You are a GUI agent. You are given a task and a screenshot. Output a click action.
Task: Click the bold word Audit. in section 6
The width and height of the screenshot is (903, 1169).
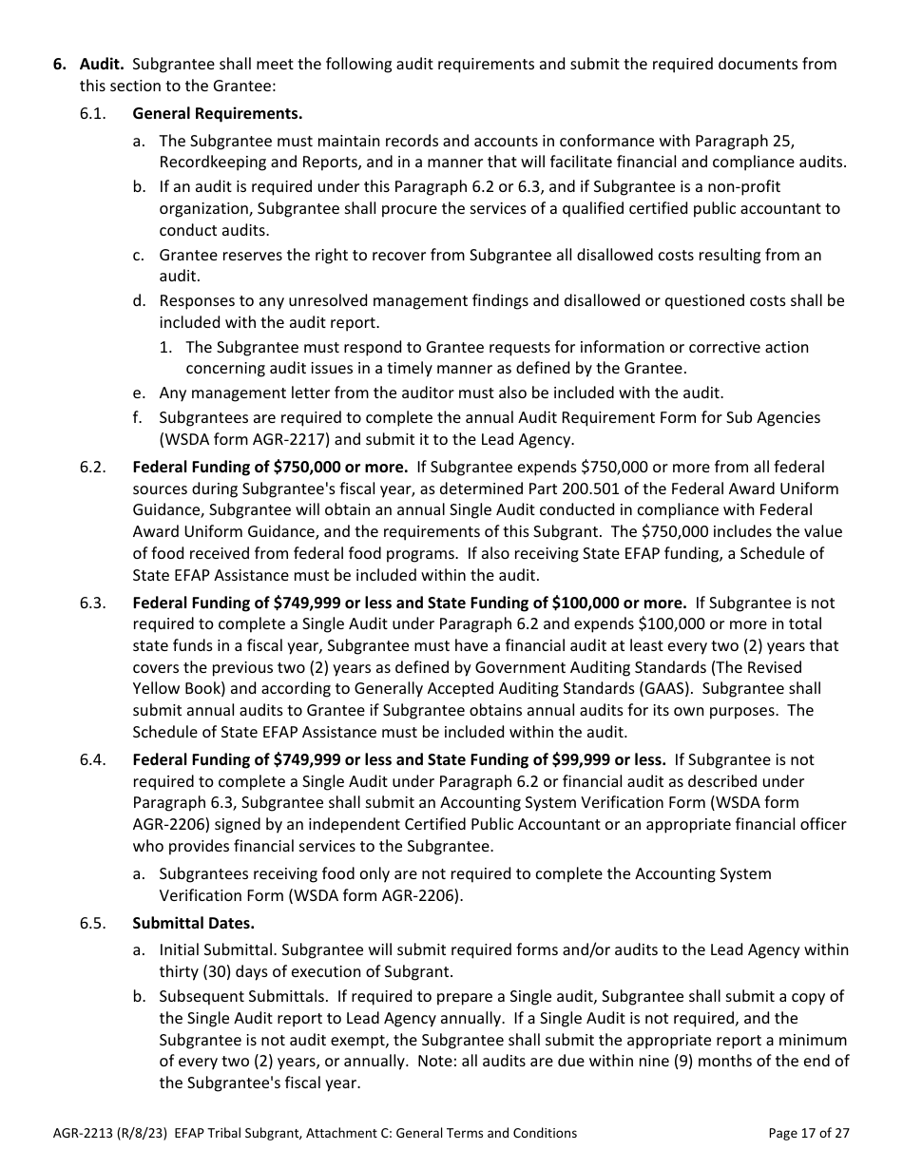(x=102, y=65)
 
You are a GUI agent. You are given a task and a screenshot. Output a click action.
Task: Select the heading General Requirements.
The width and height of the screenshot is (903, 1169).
(x=217, y=114)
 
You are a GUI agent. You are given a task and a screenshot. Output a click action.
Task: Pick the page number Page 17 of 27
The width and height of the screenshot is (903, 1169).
(x=808, y=1133)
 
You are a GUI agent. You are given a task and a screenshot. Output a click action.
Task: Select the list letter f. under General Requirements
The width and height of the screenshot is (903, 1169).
(x=139, y=417)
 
